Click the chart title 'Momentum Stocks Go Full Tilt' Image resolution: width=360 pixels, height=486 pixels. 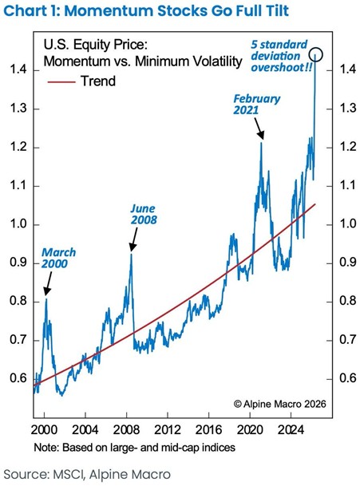176,10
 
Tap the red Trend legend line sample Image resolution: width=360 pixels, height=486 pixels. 61,82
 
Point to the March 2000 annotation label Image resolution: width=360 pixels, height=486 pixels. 58,258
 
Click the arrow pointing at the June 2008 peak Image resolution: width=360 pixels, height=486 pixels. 134,239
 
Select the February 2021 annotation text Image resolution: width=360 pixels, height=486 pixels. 256,105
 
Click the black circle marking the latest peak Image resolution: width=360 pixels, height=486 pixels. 316,54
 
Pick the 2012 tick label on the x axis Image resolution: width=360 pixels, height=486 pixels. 168,430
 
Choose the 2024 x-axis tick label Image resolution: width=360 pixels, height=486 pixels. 291,430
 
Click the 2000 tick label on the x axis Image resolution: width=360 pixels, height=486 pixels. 45,430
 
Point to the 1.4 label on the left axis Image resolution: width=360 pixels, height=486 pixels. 18,69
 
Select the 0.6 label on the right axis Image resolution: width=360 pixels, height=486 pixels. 348,378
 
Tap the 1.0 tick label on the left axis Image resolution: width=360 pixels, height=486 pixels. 18,224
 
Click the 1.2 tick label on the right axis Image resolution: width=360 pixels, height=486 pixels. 348,147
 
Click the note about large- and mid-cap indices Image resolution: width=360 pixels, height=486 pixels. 135,448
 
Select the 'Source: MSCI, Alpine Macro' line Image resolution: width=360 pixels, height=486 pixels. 87,475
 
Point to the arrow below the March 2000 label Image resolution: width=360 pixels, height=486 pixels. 48,284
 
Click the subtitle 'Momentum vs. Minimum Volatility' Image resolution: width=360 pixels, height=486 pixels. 143,61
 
